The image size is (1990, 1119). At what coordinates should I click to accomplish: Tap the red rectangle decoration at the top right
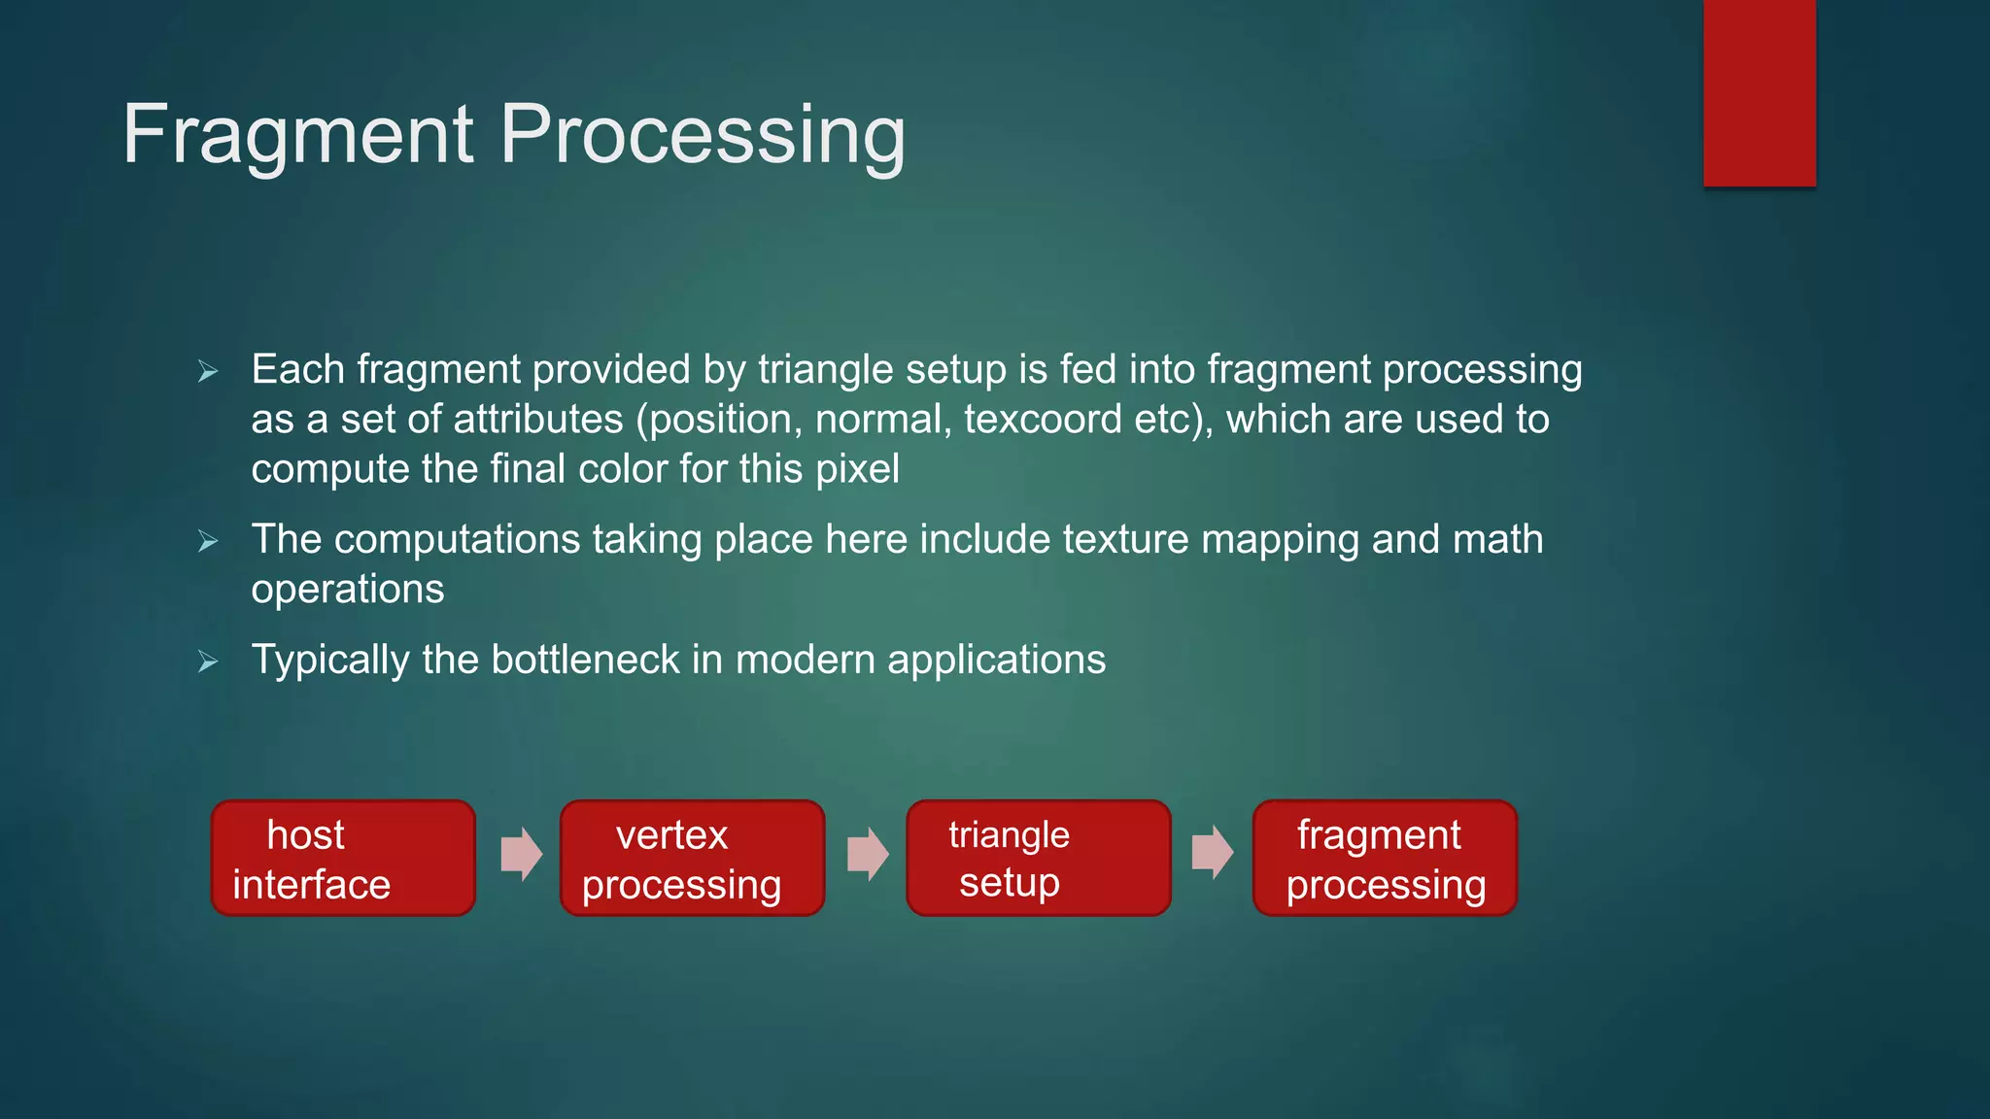(x=1759, y=92)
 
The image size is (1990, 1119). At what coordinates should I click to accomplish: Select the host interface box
(x=343, y=858)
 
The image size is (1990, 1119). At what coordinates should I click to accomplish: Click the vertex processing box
(x=692, y=858)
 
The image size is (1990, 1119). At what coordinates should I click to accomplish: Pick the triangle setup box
(x=1038, y=858)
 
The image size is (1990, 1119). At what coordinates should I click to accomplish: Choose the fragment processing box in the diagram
(x=1385, y=858)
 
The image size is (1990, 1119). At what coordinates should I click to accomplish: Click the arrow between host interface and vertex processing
(x=521, y=854)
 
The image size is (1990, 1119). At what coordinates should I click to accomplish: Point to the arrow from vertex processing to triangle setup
(x=867, y=854)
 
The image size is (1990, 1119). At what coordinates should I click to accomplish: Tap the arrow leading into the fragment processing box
(x=1212, y=853)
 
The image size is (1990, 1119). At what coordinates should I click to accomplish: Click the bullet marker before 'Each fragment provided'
(x=207, y=371)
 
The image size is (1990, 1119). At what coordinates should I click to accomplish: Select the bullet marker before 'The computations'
(x=207, y=541)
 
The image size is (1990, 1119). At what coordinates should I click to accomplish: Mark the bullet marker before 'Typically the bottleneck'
(x=207, y=662)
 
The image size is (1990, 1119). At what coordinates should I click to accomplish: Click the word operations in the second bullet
(x=347, y=590)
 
